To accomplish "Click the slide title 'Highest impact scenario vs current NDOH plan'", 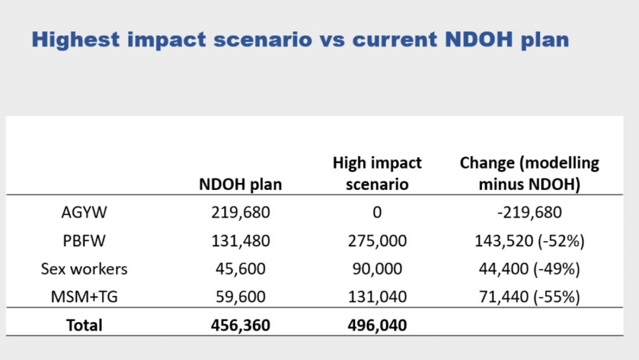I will coord(300,40).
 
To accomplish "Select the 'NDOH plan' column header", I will coord(240,185).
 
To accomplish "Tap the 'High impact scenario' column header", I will coord(377,174).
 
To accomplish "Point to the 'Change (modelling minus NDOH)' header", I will coord(529,174).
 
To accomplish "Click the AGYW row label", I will coord(84,212).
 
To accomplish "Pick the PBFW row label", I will coord(84,240).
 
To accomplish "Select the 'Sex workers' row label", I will coord(84,269).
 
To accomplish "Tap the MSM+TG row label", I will coord(84,297).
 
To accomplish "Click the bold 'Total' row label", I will coord(84,325).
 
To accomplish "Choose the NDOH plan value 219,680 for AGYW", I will coord(240,212).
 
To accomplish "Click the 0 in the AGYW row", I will coord(377,212).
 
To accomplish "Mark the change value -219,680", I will coord(529,212).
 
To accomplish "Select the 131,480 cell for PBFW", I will coord(240,240).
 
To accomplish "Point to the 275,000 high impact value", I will coord(377,240).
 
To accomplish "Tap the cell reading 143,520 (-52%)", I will coord(529,240).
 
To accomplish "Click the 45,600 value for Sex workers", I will coord(240,269).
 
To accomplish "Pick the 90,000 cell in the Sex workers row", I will coord(377,269).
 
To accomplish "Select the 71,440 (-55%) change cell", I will coord(529,297).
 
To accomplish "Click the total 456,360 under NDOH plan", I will coord(240,325).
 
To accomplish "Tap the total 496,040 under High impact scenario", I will coord(377,325).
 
